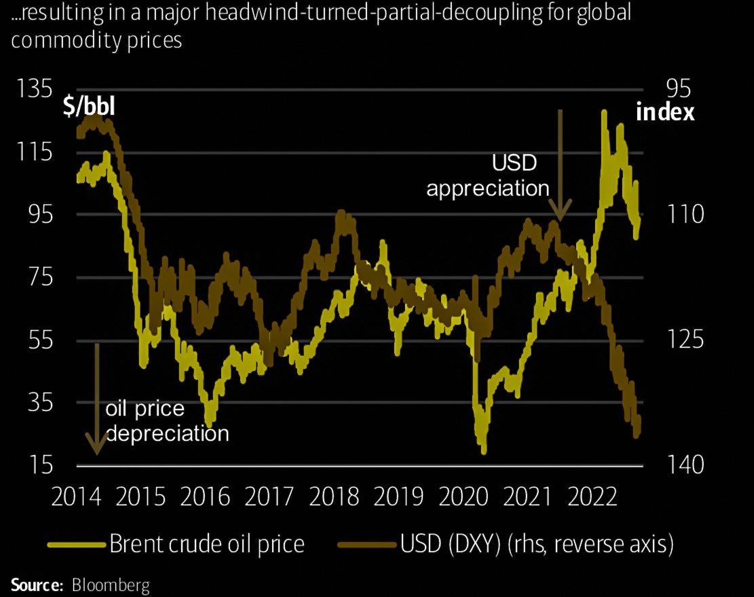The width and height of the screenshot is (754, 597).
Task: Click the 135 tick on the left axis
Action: [28, 89]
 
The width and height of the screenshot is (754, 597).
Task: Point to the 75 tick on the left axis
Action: [28, 277]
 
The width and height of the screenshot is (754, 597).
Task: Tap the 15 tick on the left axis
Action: [28, 465]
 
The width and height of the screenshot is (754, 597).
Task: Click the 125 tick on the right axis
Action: [672, 340]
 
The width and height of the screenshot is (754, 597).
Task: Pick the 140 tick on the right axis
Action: [672, 465]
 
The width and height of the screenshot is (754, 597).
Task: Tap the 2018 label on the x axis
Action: [334, 497]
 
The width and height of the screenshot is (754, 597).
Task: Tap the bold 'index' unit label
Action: [665, 112]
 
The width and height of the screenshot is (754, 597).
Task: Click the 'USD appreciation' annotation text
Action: [487, 176]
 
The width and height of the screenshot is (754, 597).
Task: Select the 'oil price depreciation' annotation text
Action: [167, 420]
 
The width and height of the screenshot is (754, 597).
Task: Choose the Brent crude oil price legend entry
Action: [176, 543]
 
